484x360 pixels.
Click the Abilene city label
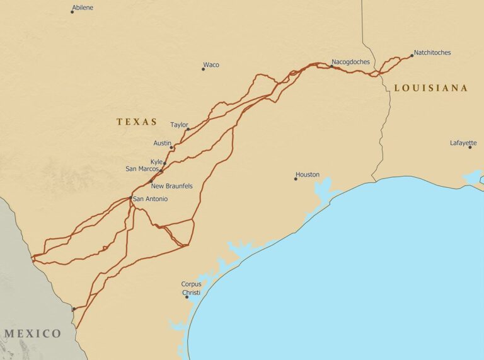83,8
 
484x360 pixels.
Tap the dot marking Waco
203,69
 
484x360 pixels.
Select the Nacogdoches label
352,62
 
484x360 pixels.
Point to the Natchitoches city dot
412,55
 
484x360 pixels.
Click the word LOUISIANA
431,88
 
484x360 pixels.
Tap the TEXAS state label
137,122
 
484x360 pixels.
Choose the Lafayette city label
463,143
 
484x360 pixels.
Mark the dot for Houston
296,179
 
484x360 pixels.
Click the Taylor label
179,125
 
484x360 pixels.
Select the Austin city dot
171,148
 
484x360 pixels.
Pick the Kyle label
156,161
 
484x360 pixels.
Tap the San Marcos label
142,169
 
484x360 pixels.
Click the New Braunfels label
171,186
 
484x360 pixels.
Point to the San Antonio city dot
130,198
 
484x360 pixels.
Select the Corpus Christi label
191,288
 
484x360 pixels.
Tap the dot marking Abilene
72,12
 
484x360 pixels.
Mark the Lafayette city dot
470,148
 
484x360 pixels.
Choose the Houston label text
308,175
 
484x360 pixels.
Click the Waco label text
211,65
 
